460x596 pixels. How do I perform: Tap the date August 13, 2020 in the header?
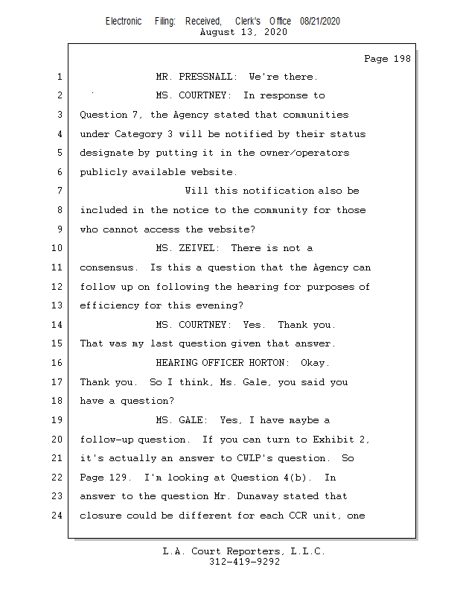point(243,32)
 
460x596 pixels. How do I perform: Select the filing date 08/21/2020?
point(320,22)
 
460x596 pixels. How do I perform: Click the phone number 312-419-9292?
point(244,562)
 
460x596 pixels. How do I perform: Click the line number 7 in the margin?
point(59,191)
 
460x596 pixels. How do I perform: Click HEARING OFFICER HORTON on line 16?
point(222,363)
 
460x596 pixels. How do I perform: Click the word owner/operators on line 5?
point(307,153)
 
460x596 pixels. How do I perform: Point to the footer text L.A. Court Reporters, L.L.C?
point(243,551)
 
